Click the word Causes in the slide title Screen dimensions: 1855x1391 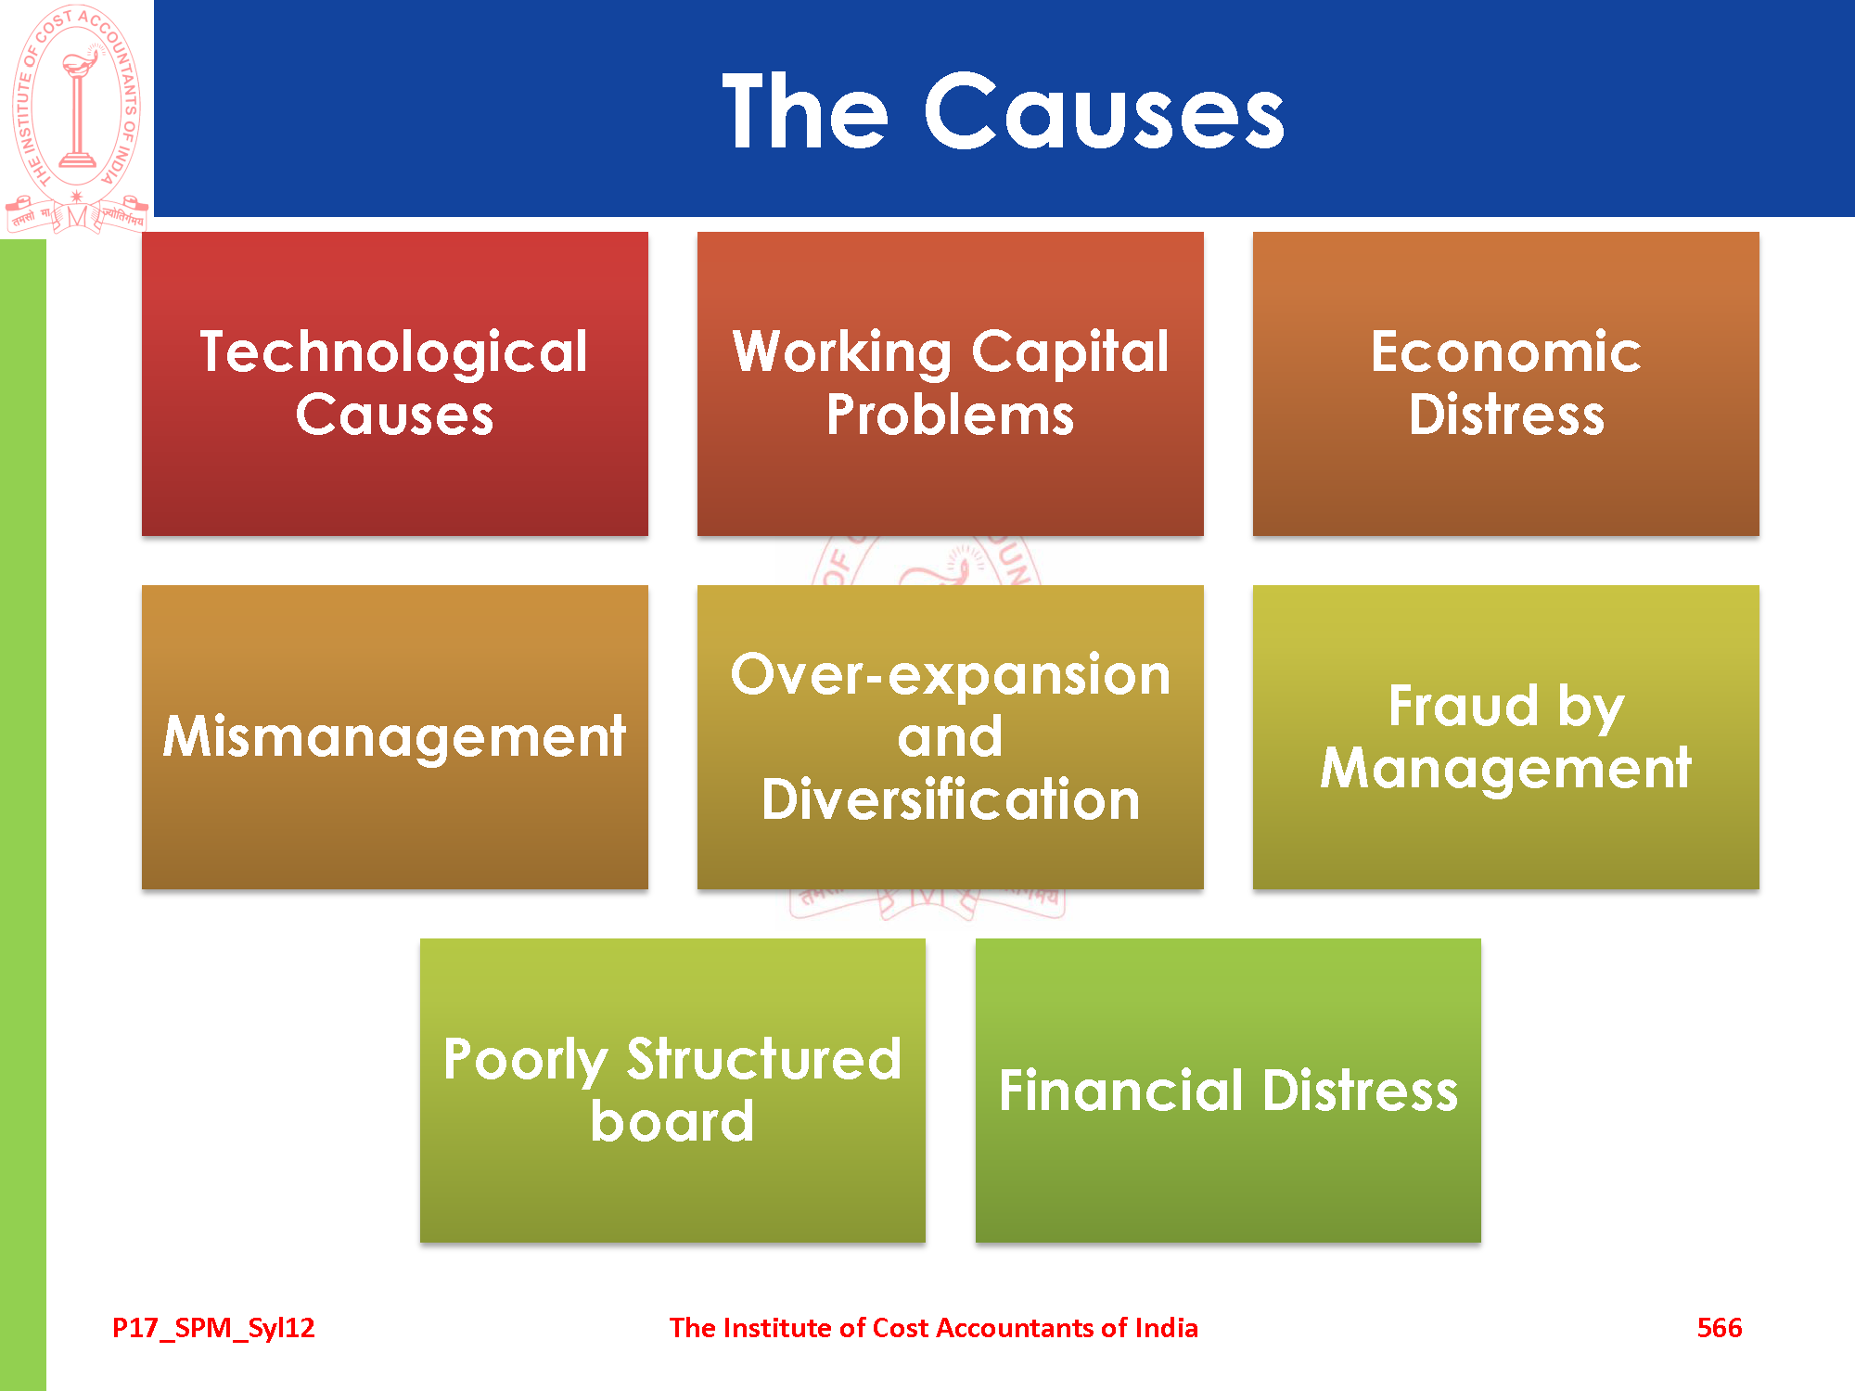click(x=1104, y=111)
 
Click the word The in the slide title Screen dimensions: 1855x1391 click(x=805, y=110)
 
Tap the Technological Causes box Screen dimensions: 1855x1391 click(x=395, y=384)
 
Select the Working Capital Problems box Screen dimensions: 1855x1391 click(x=951, y=384)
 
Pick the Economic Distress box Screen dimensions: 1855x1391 click(x=1506, y=384)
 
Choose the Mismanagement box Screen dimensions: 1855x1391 click(x=395, y=737)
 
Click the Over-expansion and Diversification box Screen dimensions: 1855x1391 click(x=951, y=737)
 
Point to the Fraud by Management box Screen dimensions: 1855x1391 click(x=1506, y=737)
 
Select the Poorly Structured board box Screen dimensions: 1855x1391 click(x=672, y=1091)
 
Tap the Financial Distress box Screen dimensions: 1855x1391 click(x=1228, y=1091)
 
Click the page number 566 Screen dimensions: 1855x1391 click(x=1720, y=1328)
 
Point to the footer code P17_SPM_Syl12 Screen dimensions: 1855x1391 click(x=213, y=1329)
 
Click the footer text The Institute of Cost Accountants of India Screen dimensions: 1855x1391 click(x=934, y=1328)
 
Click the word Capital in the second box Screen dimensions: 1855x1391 click(x=1070, y=353)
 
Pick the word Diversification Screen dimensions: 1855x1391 click(x=951, y=799)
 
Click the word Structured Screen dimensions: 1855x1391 click(x=763, y=1059)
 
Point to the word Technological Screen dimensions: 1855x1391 click(x=394, y=352)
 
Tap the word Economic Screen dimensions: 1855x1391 click(x=1506, y=352)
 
